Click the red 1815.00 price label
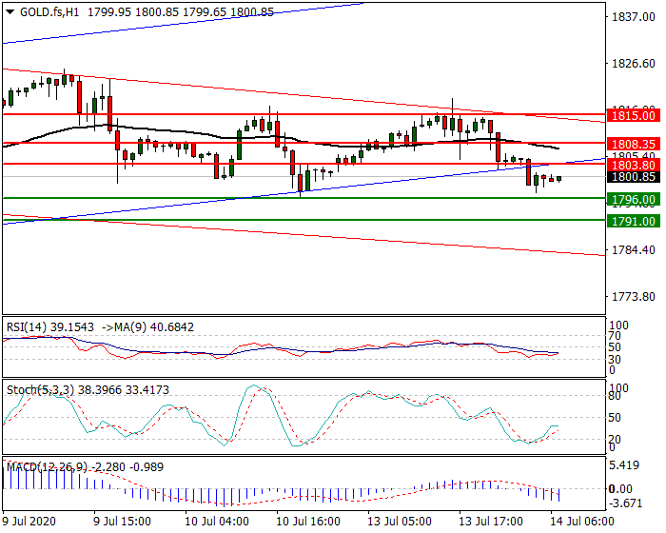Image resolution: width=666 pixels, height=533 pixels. [x=634, y=115]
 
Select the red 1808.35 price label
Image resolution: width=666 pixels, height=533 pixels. [x=634, y=144]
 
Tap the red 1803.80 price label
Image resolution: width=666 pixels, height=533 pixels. [x=634, y=164]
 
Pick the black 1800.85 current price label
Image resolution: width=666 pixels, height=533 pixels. [x=634, y=177]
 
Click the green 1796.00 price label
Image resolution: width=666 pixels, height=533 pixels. [x=634, y=200]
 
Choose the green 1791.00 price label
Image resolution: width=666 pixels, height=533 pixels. [x=634, y=221]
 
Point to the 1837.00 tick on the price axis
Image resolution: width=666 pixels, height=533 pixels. [x=633, y=18]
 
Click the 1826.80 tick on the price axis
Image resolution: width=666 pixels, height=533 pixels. [x=633, y=64]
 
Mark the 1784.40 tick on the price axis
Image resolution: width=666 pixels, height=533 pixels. [x=633, y=250]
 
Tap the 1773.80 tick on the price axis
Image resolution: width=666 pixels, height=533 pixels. [x=633, y=297]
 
